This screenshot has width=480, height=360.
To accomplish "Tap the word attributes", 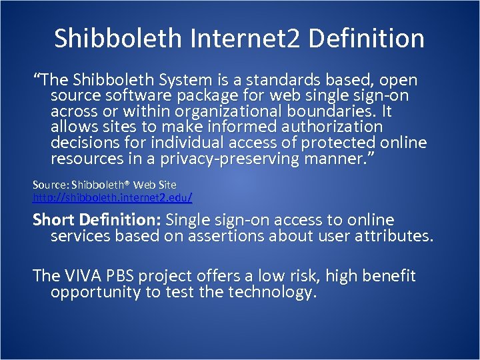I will pos(394,235).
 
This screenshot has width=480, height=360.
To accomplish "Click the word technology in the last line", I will pos(269,292).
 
